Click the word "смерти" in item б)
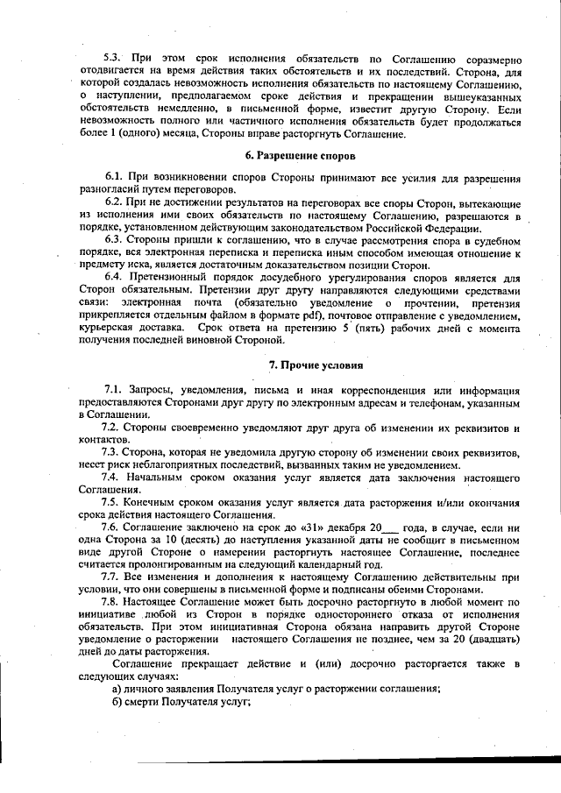tap(146, 702)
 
